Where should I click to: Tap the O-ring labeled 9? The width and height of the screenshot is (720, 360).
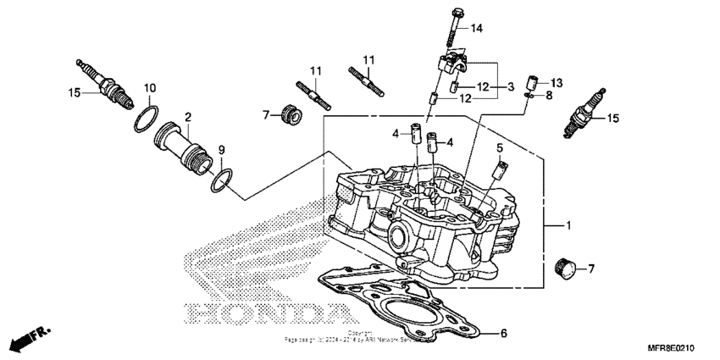tap(221, 178)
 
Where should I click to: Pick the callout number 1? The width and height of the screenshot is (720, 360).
tap(568, 226)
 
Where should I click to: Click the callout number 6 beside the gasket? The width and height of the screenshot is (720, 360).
tap(502, 333)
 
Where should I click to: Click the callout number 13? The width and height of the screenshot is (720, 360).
tap(557, 82)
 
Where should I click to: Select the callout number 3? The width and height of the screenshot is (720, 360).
tap(510, 87)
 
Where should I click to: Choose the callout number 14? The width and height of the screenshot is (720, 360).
tap(477, 29)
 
